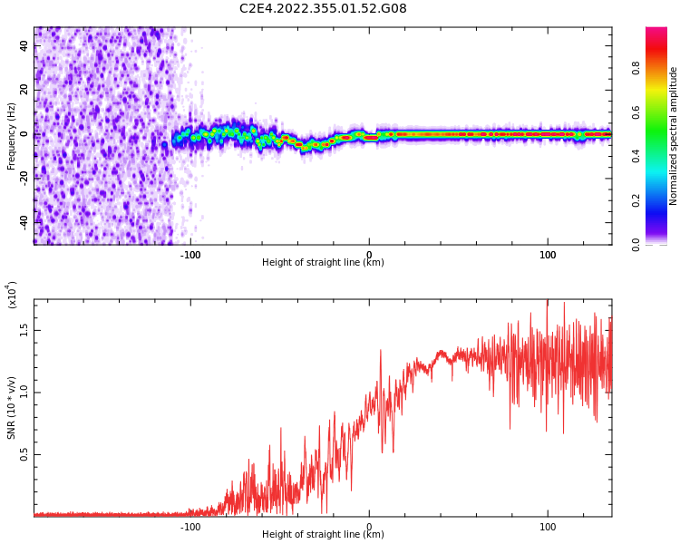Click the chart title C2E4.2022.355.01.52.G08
point(323,8)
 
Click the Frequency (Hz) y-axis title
point(12,135)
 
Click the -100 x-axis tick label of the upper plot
point(190,255)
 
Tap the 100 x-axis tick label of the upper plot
point(548,255)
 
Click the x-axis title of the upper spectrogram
point(323,263)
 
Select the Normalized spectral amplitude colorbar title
point(674,135)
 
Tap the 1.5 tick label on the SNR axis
point(25,331)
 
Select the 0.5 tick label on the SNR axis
point(25,455)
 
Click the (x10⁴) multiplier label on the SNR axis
point(12,295)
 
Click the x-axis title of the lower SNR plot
point(323,535)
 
